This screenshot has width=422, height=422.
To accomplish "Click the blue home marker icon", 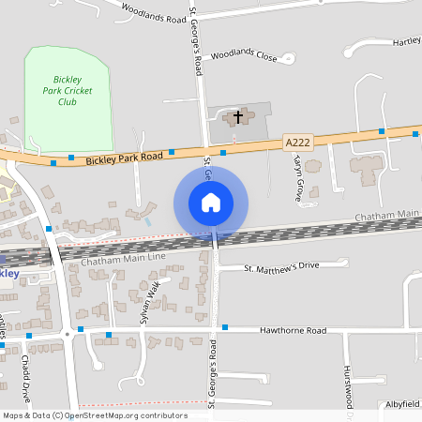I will coord(211,202).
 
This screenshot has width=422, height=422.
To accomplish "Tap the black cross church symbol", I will coord(238,117).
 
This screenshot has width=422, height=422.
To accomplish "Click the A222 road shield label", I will coord(296,142).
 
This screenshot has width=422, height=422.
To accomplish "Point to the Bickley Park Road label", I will coord(124,158).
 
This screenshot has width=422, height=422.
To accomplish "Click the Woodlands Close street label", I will coord(244,55).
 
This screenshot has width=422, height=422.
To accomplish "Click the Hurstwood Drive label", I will coord(347,384).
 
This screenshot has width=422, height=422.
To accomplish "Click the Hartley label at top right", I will coord(406,41).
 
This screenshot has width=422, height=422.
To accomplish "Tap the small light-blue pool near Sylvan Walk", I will coord(148,222).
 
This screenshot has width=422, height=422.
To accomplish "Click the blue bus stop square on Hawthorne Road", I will coord(225,327).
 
